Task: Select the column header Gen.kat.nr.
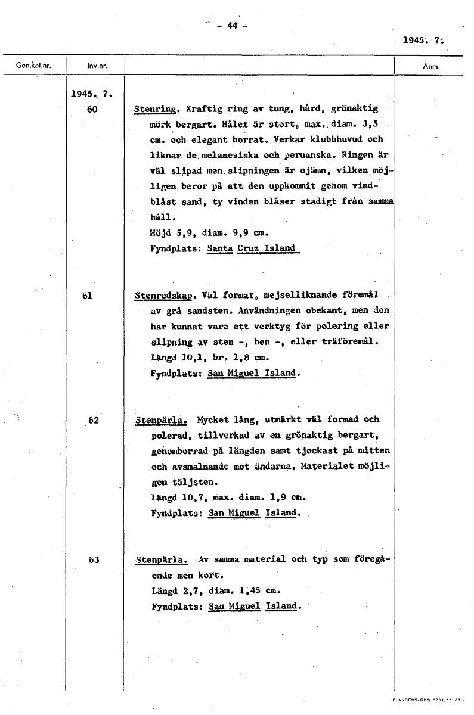pos(27,66)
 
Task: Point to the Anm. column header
pos(430,66)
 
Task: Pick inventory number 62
pos(92,420)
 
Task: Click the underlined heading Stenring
pos(156,110)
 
